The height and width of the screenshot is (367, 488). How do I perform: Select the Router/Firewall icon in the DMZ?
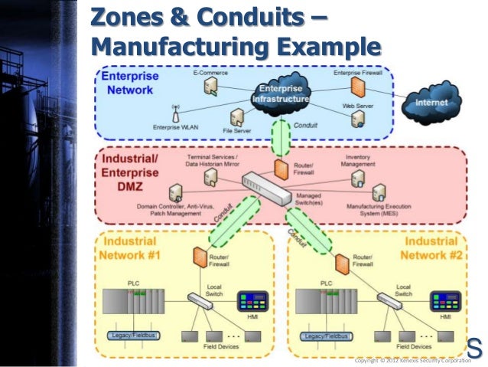click(279, 168)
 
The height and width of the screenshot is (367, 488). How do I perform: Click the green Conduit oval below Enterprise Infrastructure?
click(281, 139)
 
